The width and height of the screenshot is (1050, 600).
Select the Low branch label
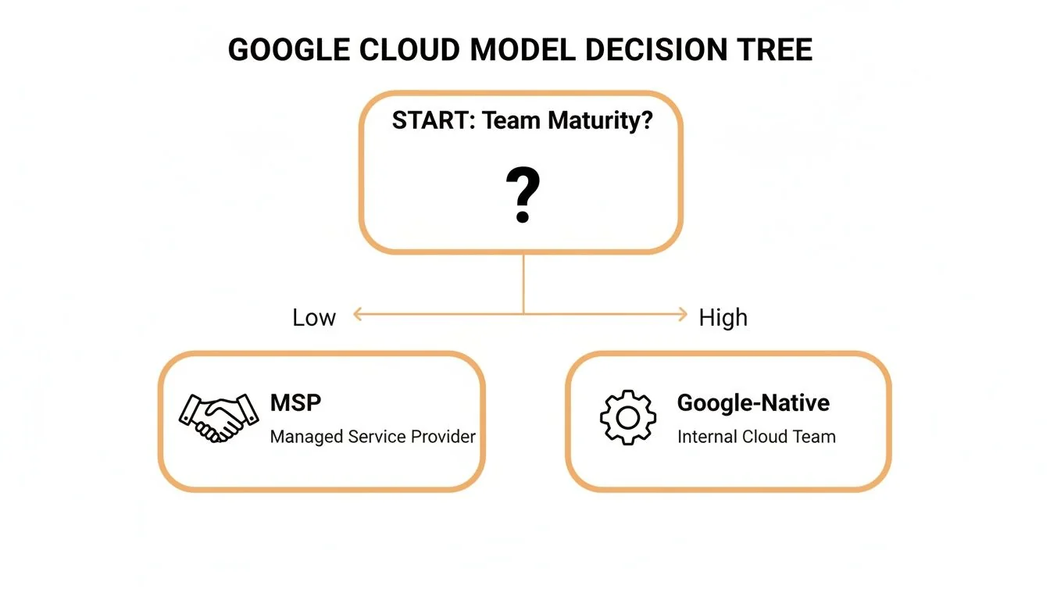314,317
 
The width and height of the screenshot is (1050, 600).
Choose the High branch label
723,317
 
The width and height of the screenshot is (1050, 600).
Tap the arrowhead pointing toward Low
359,315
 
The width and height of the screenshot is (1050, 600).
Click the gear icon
627,417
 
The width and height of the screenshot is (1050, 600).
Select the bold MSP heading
295,403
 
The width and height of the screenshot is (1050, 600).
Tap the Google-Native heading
753,403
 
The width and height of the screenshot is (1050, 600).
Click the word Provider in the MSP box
442,437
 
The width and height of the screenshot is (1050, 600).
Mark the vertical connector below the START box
523,283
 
